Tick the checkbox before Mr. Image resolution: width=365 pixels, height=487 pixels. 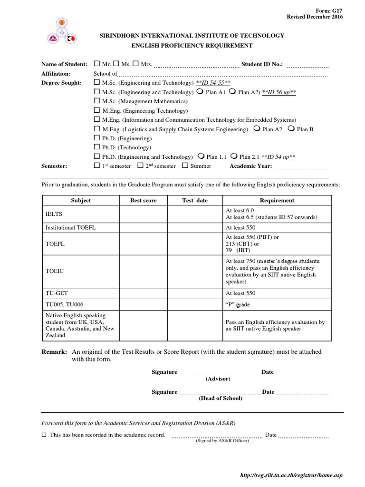point(97,64)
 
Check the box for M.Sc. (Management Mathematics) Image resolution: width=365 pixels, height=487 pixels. point(97,101)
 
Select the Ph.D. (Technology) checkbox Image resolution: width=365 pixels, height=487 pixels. point(97,147)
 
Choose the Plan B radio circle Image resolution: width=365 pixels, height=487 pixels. point(291,129)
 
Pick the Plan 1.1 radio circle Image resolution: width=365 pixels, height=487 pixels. point(201,156)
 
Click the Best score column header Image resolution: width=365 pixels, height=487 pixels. point(143,201)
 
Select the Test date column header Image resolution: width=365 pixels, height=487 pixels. point(195,201)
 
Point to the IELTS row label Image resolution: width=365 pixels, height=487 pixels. point(54,214)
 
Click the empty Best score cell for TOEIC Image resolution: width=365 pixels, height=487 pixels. point(143,271)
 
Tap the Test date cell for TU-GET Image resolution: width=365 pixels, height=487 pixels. point(195,293)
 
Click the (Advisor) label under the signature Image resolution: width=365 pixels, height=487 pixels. point(218,379)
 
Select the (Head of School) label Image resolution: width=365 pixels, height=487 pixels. point(220,399)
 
